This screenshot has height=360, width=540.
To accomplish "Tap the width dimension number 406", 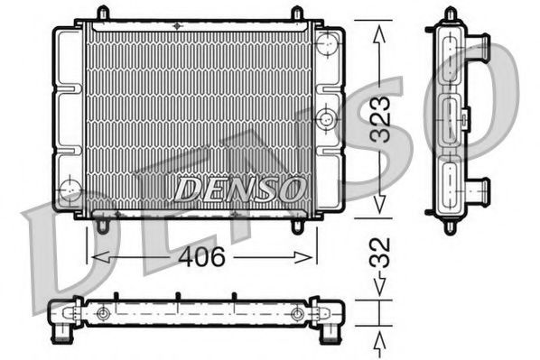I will (x=200, y=257).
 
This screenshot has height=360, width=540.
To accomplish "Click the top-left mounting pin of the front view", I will (x=102, y=14).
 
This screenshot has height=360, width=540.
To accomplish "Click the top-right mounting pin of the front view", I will (x=296, y=14).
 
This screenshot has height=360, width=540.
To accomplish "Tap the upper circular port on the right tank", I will (x=328, y=42).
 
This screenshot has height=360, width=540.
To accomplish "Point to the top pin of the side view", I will (x=450, y=14).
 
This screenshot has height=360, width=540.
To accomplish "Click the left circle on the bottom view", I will (x=104, y=314).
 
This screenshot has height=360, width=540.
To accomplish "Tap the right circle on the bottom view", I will (x=297, y=314).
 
